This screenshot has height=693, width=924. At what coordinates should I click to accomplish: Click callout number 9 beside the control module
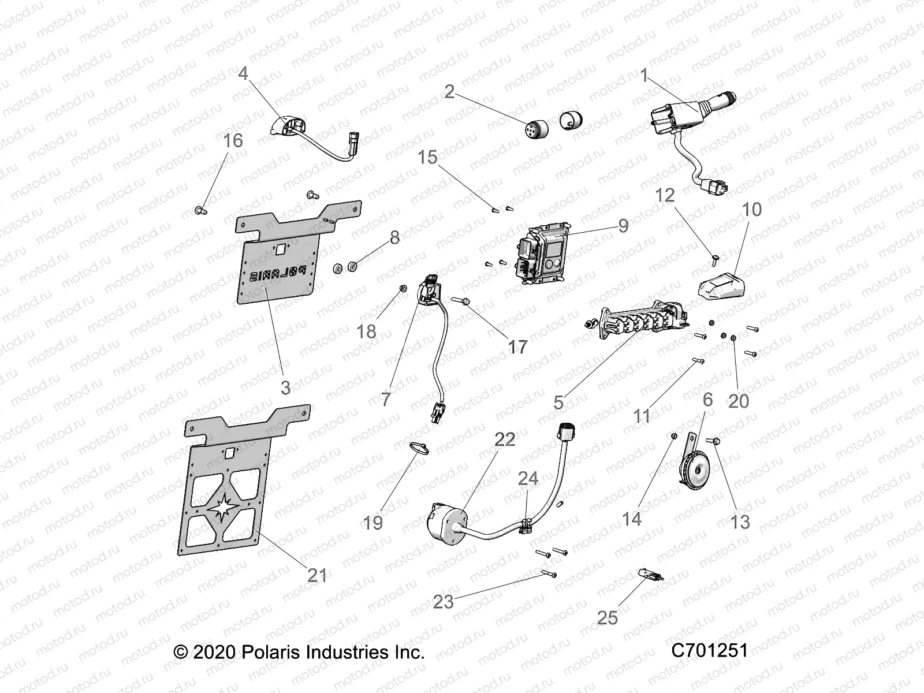(623, 225)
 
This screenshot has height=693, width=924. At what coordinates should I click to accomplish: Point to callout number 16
(233, 140)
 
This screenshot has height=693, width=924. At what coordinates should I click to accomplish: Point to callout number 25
(608, 617)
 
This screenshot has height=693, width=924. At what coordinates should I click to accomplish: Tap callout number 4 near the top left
(243, 73)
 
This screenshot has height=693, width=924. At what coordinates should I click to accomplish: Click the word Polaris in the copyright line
(271, 653)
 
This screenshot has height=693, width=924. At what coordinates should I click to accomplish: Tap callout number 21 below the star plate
(317, 575)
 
